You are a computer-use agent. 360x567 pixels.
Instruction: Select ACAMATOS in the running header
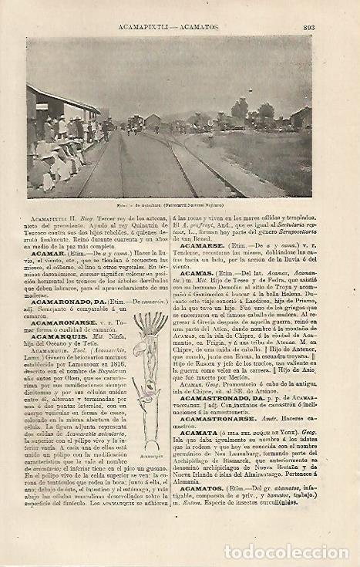click(203, 29)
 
